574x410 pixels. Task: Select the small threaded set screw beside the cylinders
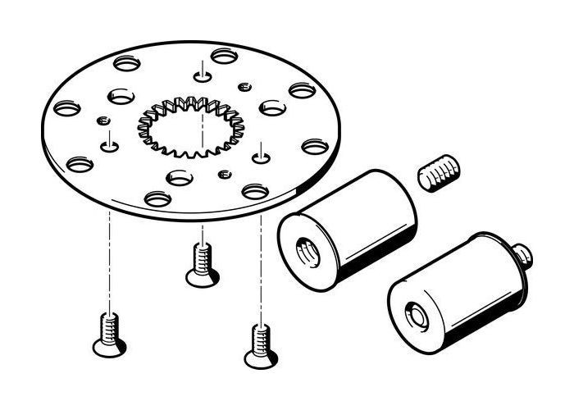[x=440, y=174]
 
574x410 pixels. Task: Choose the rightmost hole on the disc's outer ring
[x=315, y=146]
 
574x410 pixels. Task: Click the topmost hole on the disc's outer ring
[x=224, y=56]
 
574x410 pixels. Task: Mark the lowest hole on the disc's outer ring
[x=157, y=198]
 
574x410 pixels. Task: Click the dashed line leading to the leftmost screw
[x=107, y=262]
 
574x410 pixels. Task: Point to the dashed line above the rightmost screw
[x=261, y=271]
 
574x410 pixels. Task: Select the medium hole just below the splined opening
[x=179, y=177]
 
